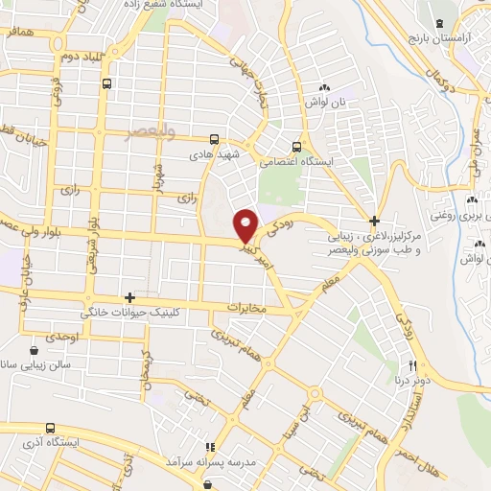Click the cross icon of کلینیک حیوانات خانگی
129,298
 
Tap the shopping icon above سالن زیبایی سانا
35,349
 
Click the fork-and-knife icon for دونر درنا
413,364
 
